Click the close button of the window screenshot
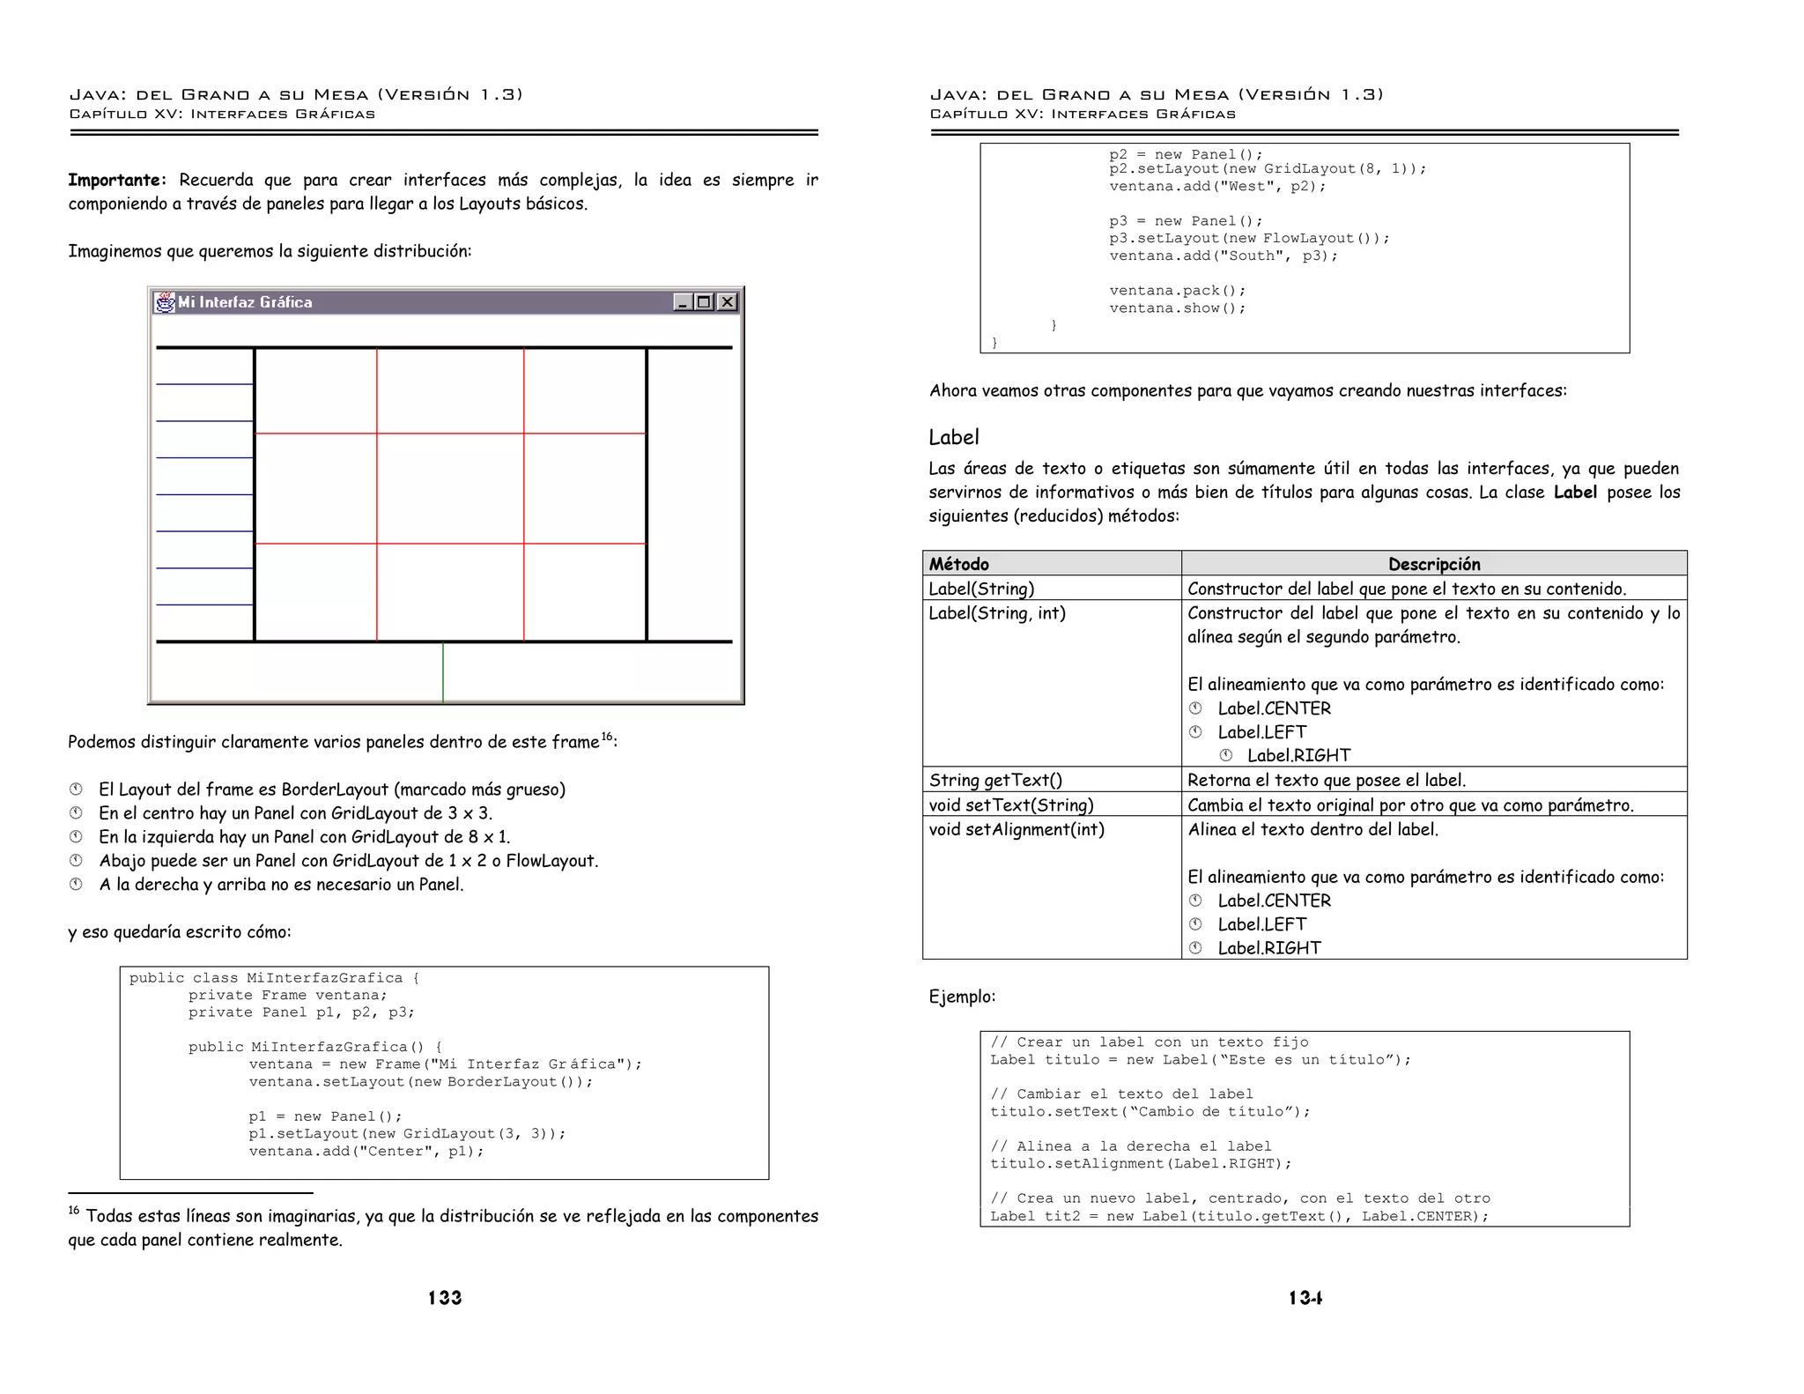click(x=727, y=302)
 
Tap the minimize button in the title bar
click(x=682, y=302)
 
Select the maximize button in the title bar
click(x=704, y=302)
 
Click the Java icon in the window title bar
click(x=165, y=302)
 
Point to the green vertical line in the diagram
click(x=443, y=672)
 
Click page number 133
click(x=445, y=1297)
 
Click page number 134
click(x=1305, y=1297)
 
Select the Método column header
click(x=959, y=564)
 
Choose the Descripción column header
click(x=1434, y=564)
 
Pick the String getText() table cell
click(x=995, y=780)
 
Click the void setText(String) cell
click(x=1011, y=805)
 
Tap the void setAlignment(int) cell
click(x=1017, y=829)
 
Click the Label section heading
click(x=954, y=437)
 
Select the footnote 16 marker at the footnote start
click(x=74, y=1211)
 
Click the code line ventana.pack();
click(x=1178, y=291)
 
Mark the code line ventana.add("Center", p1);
click(x=366, y=1151)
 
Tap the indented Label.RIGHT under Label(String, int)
click(x=1298, y=755)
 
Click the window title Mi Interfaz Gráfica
click(x=245, y=302)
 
